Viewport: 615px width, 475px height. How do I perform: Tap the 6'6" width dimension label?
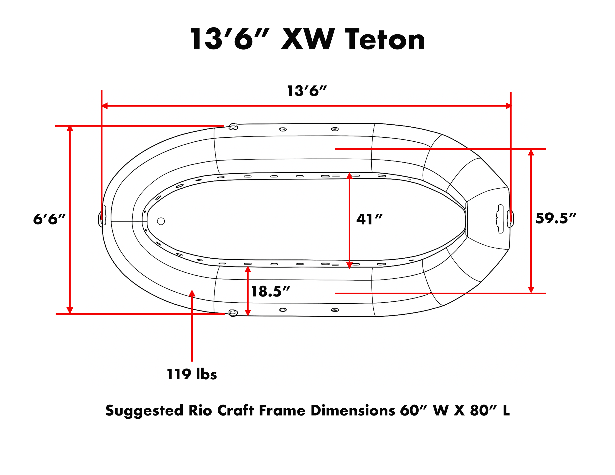(49, 219)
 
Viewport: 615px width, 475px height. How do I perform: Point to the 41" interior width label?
(369, 220)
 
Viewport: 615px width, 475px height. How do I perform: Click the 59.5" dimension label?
(555, 218)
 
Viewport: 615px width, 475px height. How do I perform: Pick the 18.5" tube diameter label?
(270, 292)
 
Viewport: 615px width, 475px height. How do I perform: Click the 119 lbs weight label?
(192, 374)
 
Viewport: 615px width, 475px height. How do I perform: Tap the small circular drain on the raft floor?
(161, 221)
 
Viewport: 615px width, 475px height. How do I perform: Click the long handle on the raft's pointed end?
(500, 219)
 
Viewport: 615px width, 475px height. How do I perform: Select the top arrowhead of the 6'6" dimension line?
(70, 128)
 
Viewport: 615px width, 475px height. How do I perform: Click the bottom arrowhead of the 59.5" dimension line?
(531, 290)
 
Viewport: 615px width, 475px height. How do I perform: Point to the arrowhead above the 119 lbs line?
(192, 293)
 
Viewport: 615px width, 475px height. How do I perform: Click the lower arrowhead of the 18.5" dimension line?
(248, 313)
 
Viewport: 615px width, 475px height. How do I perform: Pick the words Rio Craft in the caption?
(221, 411)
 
